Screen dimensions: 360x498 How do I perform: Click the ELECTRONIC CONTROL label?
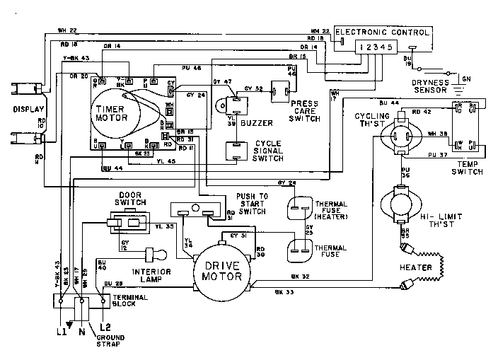(382, 32)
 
